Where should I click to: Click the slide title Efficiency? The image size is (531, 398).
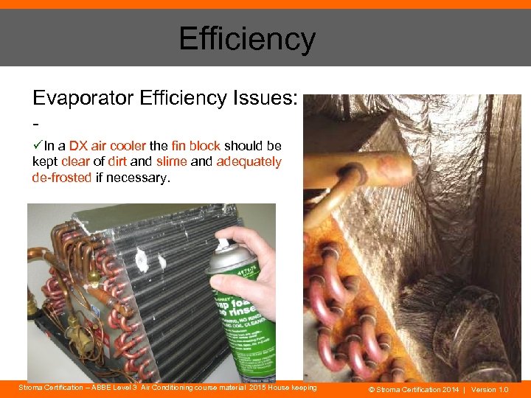247,39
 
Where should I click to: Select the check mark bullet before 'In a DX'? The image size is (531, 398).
38,146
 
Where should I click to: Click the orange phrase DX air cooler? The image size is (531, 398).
107,146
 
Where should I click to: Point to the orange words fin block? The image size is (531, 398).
195,146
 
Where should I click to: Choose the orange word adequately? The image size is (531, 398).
249,161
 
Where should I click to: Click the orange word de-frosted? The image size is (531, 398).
62,177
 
